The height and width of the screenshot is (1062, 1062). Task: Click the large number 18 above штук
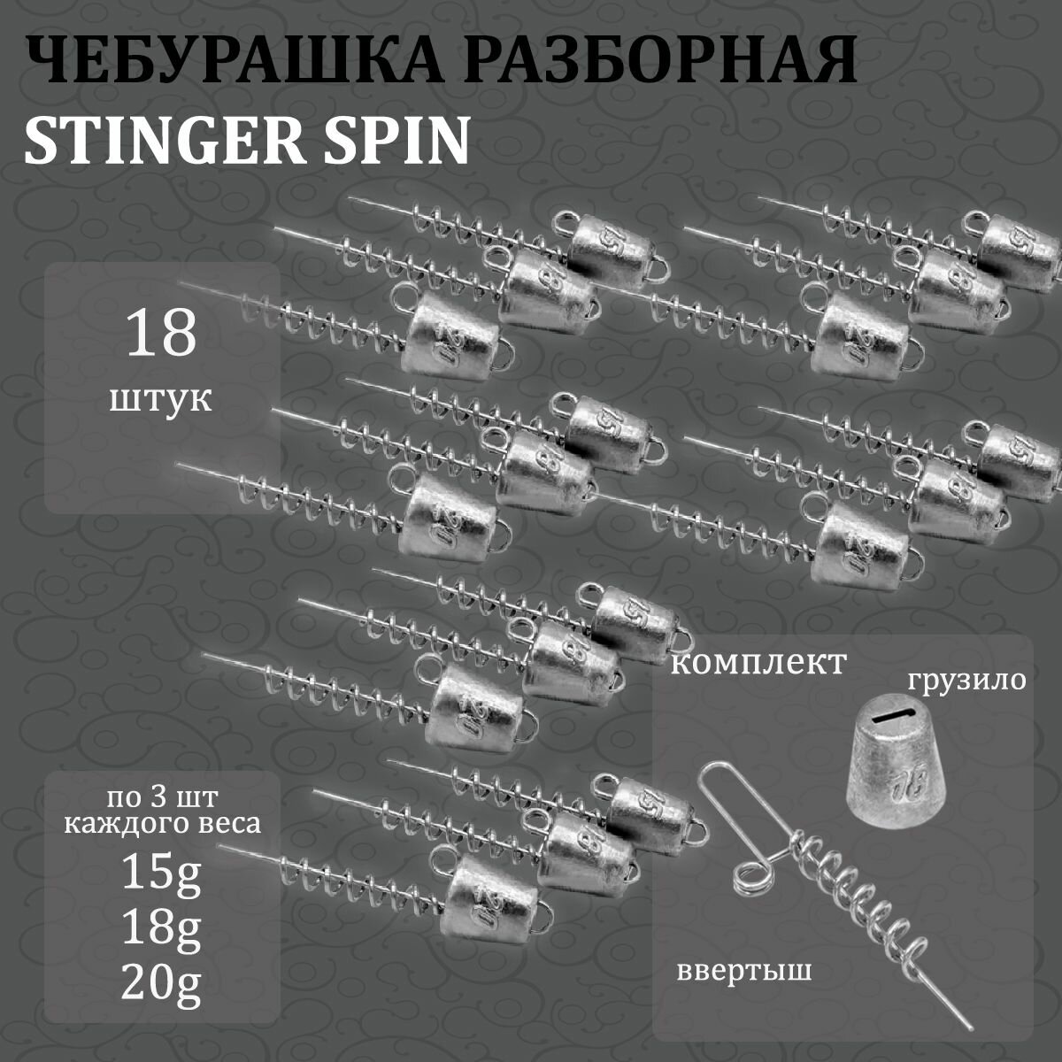click(161, 334)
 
